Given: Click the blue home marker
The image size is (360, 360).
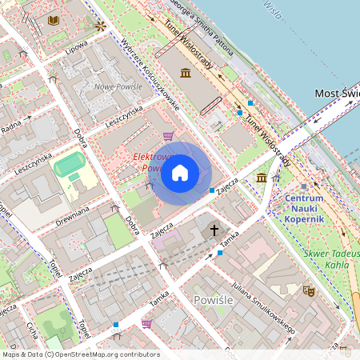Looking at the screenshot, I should [180, 172].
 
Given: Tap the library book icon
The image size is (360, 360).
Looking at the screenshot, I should [54, 20].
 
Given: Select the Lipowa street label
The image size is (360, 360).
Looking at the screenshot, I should [77, 46].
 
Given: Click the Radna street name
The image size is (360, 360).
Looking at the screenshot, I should [12, 125].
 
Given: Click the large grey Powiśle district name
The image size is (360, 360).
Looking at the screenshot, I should [215, 299].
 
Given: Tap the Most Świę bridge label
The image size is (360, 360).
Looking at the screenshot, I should [336, 94].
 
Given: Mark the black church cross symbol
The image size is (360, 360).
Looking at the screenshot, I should [214, 230].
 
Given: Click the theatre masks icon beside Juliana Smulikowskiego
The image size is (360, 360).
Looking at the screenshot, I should [307, 292].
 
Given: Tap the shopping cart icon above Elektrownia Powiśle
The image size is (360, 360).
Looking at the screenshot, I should [168, 136].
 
